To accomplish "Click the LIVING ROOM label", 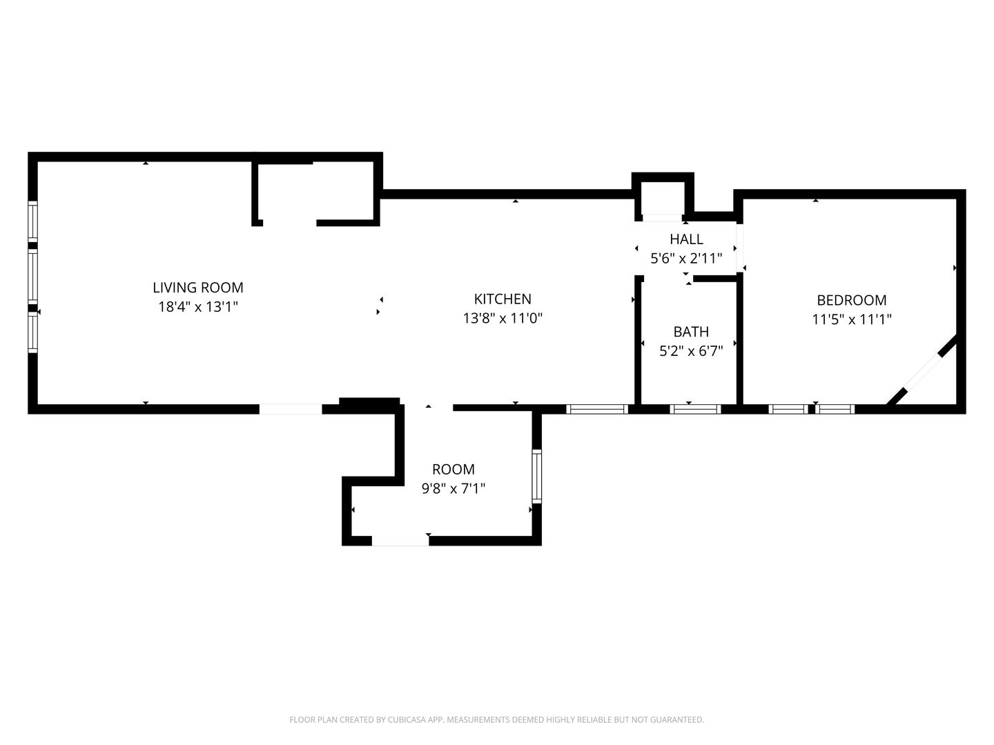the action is pyautogui.click(x=198, y=287).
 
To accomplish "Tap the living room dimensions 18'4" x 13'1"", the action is pyautogui.click(x=198, y=307).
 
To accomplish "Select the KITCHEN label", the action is pyautogui.click(x=503, y=299).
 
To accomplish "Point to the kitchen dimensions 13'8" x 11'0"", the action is pyautogui.click(x=503, y=318).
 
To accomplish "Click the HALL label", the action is pyautogui.click(x=686, y=239).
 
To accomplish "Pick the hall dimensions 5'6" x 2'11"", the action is pyautogui.click(x=686, y=258).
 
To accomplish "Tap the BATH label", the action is pyautogui.click(x=690, y=332).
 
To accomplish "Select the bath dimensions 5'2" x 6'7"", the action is pyautogui.click(x=690, y=351).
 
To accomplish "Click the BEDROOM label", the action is pyautogui.click(x=851, y=300).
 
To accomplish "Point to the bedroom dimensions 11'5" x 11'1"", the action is pyautogui.click(x=851, y=319).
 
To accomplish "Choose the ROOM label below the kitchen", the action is pyautogui.click(x=454, y=469).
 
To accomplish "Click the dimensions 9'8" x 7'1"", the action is pyautogui.click(x=454, y=488).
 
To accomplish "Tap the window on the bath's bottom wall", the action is pyautogui.click(x=695, y=409).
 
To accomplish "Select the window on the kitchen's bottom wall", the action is pyautogui.click(x=597, y=409).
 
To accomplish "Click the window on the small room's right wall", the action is pyautogui.click(x=536, y=476).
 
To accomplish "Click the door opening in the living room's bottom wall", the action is pyautogui.click(x=291, y=409).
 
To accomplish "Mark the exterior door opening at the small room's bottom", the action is pyautogui.click(x=400, y=541).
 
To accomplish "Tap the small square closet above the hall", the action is pyautogui.click(x=662, y=199).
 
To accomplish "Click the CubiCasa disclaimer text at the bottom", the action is pyautogui.click(x=497, y=719).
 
